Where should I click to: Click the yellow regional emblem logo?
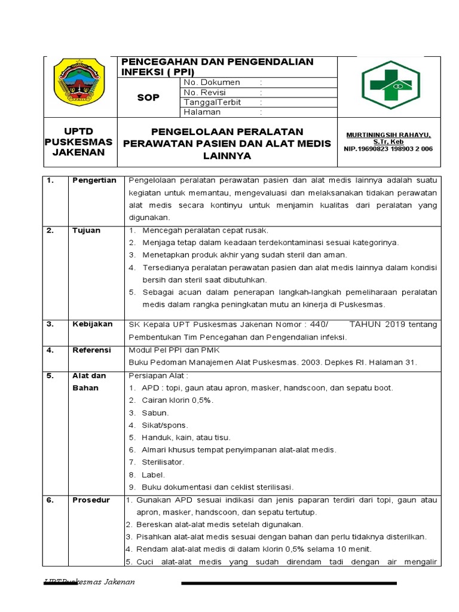point(79,82)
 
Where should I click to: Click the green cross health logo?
point(390,84)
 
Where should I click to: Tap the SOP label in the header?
point(148,97)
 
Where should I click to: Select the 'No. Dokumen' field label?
point(212,82)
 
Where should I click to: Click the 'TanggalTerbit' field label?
point(212,102)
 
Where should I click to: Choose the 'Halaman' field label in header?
point(202,112)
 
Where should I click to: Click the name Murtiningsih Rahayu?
point(388,135)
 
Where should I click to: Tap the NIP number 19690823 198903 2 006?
point(388,149)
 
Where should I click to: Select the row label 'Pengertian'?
point(94,180)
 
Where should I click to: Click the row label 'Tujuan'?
point(87,230)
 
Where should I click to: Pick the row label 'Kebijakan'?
point(92,324)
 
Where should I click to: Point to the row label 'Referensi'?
point(92,350)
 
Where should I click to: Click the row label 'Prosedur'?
point(91,500)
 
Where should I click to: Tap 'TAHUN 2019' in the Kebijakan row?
point(377,325)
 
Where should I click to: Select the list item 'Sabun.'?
point(155,413)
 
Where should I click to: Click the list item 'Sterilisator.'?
point(163,463)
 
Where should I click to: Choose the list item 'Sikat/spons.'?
point(165,426)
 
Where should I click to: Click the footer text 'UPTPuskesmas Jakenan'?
point(90,582)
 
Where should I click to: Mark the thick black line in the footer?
point(289,583)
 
